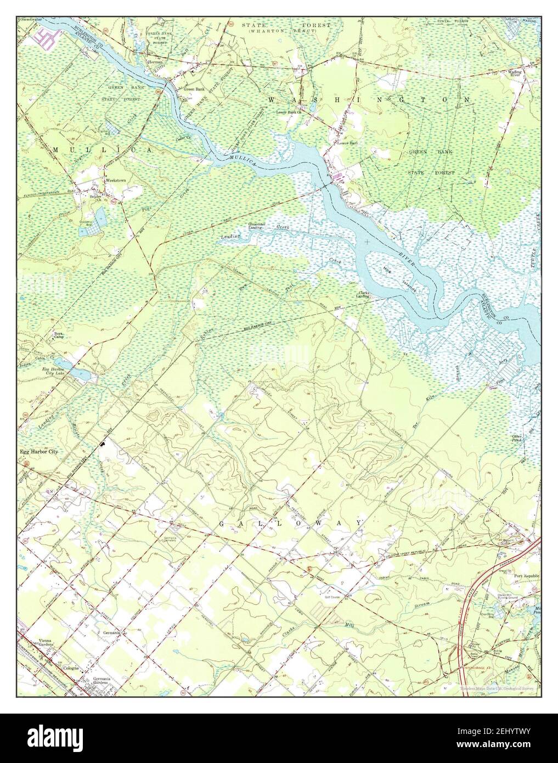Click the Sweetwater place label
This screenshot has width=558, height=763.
[32, 18]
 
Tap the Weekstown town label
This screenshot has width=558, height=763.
[116, 180]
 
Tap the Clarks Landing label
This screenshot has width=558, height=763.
[363, 295]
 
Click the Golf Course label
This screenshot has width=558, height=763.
[330, 593]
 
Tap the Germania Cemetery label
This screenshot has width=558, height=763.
[171, 538]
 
